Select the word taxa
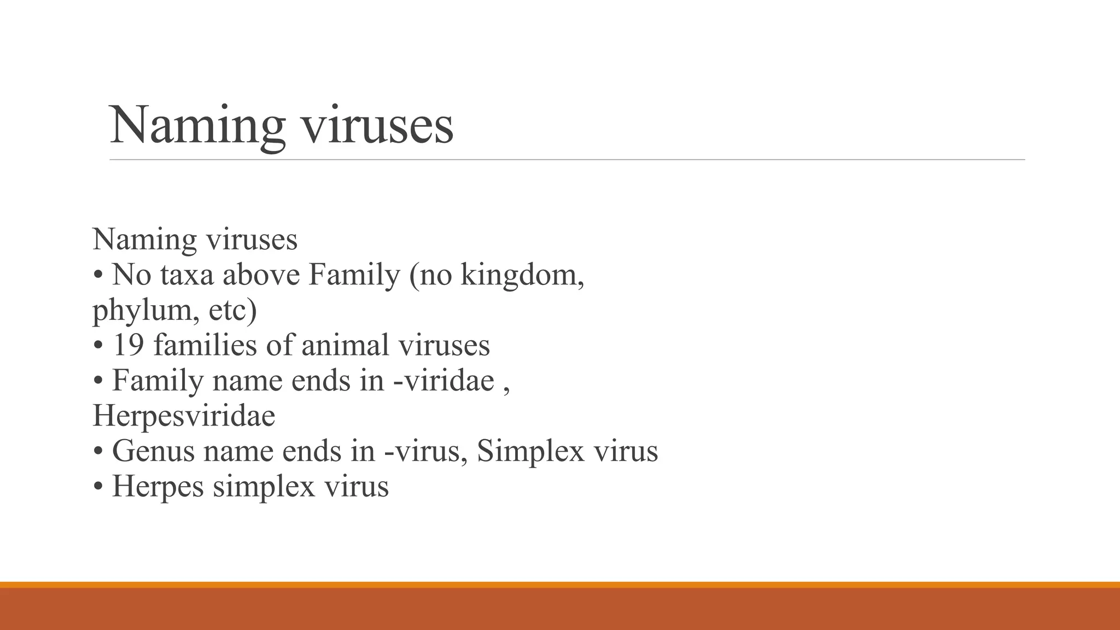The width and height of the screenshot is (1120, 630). (x=186, y=275)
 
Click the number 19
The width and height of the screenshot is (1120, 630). (x=129, y=346)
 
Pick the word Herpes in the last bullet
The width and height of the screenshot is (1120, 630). (x=158, y=486)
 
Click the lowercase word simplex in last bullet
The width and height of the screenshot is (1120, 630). (x=264, y=486)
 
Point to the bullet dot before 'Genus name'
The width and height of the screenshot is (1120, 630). (x=98, y=452)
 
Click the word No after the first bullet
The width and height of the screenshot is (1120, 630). (x=131, y=275)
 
